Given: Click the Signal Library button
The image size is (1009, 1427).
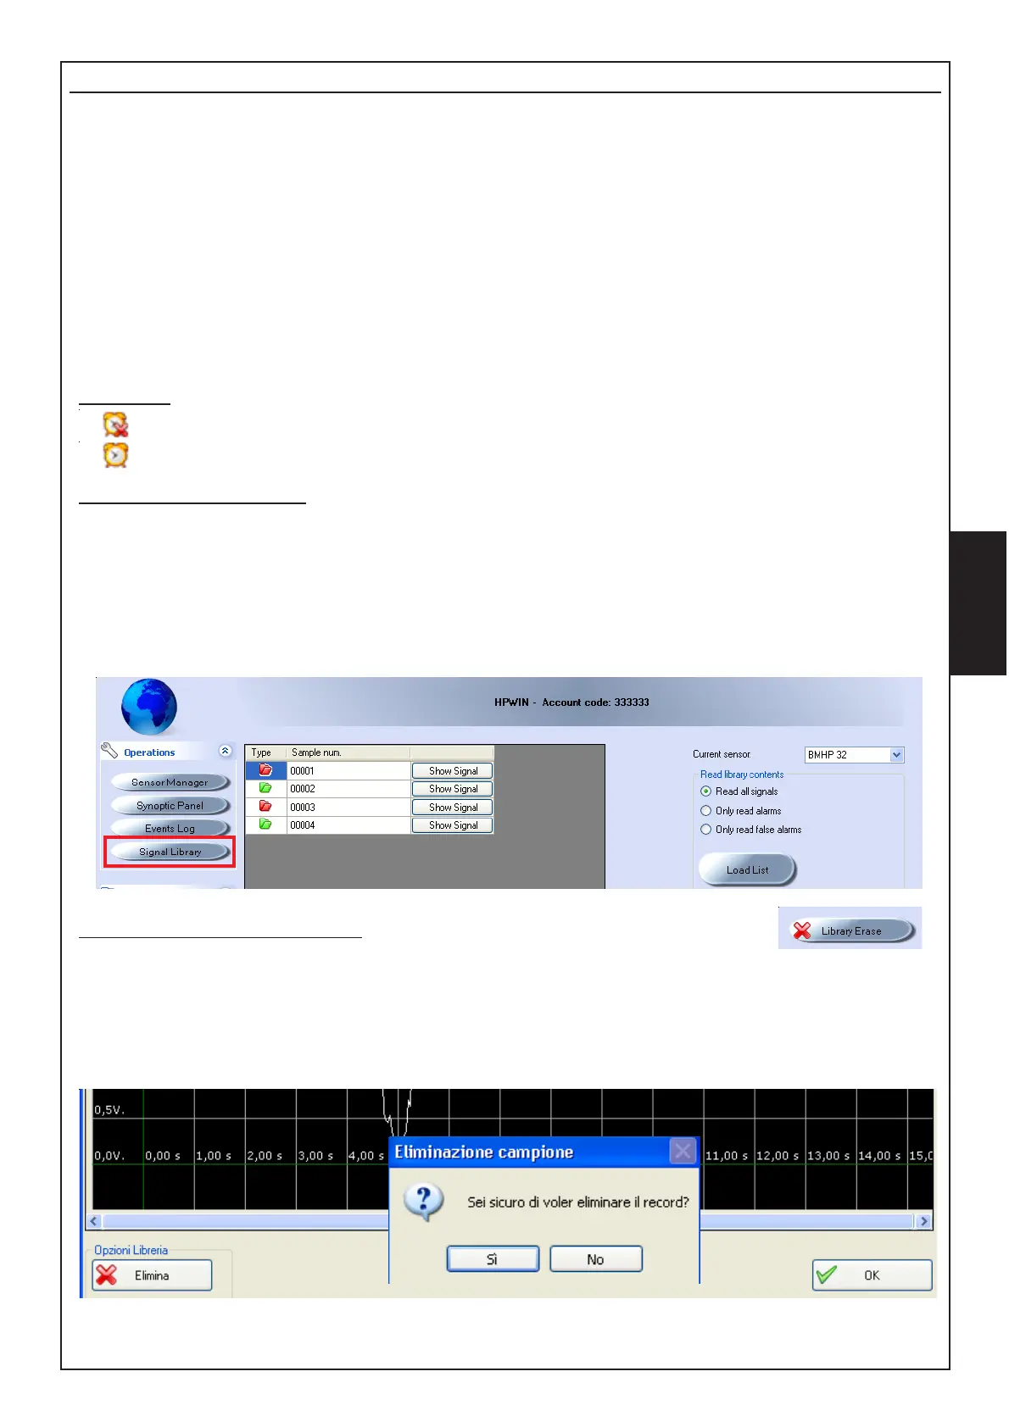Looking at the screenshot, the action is (170, 852).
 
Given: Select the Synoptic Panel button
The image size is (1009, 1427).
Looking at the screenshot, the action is (170, 806).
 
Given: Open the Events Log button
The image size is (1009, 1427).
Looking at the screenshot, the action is (170, 829).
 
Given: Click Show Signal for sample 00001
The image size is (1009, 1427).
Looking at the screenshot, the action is (453, 771).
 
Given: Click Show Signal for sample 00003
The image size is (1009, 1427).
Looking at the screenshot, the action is (453, 808).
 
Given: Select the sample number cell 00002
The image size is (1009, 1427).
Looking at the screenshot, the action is (348, 789).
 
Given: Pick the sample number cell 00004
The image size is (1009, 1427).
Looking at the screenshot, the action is (348, 825).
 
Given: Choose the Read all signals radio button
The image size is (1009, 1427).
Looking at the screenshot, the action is (706, 791).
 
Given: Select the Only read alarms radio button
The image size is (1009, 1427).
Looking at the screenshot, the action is (706, 811).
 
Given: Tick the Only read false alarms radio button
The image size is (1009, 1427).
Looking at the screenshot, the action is (706, 830).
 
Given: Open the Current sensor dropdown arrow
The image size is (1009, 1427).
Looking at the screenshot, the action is (897, 755).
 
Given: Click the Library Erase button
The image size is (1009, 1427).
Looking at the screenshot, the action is (850, 930).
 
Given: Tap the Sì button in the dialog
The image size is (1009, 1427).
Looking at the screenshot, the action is (493, 1259).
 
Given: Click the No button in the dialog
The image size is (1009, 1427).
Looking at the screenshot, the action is (596, 1259).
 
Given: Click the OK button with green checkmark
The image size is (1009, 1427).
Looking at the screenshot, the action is (872, 1275).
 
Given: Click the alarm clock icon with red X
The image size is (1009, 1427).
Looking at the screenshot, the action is (116, 425).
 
